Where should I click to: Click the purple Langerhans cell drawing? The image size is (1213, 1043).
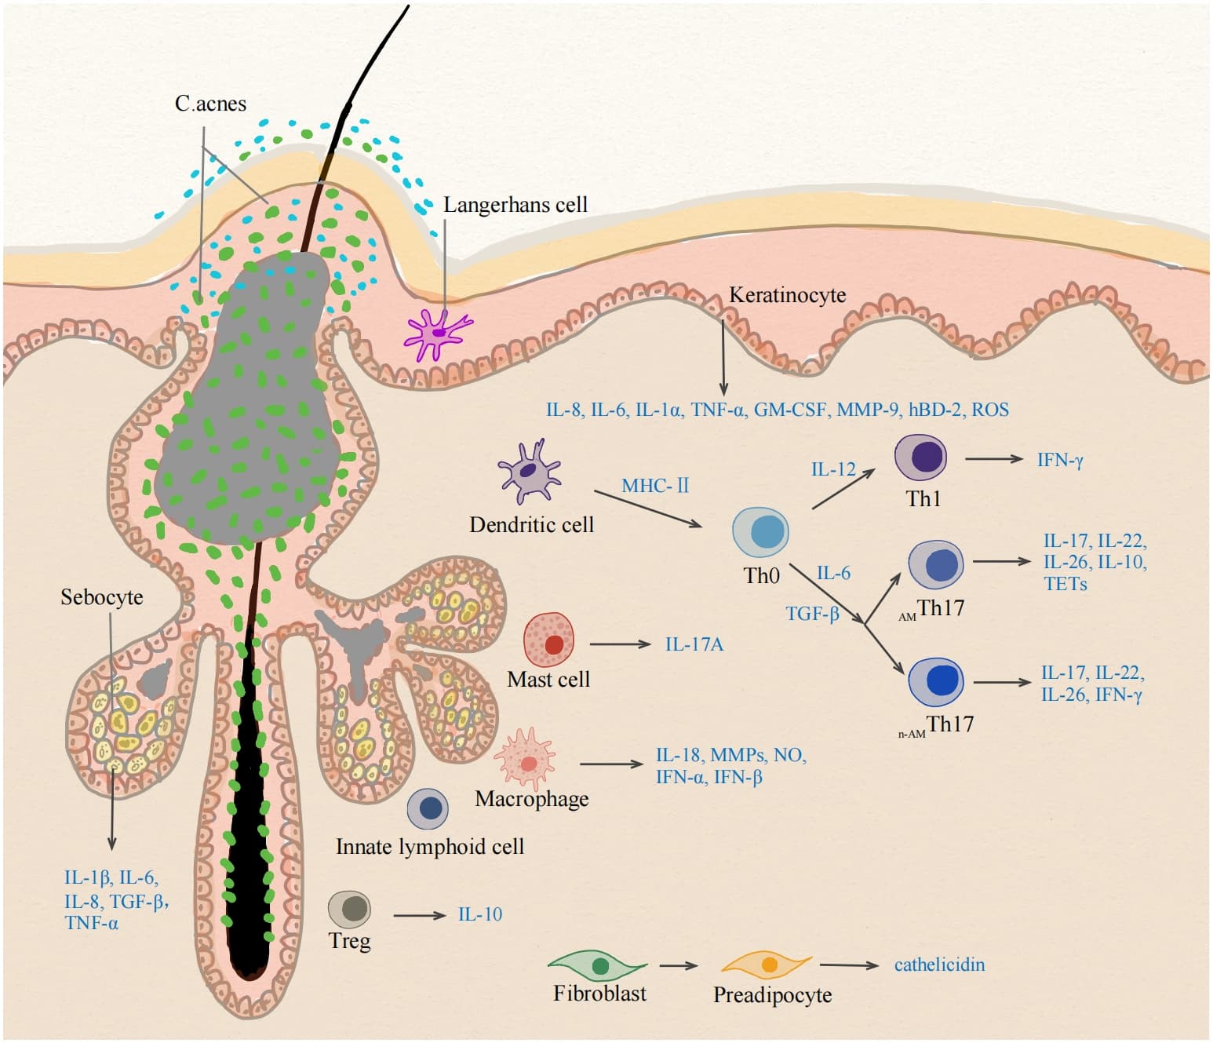click(438, 334)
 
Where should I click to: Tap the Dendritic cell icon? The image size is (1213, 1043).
click(530, 472)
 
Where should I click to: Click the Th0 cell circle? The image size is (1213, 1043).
click(760, 532)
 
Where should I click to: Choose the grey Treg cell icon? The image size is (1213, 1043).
click(349, 909)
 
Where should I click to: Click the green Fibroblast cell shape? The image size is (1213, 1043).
click(597, 965)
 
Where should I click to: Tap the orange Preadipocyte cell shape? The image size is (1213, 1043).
click(767, 965)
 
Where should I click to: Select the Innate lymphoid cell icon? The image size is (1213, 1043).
click(428, 809)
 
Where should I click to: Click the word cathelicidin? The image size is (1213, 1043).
click(939, 965)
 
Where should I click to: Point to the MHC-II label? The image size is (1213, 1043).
click(655, 486)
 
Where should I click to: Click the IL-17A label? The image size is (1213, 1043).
click(694, 644)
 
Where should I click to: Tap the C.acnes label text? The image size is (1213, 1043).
click(211, 104)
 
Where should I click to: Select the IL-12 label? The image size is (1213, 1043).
click(833, 469)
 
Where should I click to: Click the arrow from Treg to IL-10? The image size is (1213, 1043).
click(420, 915)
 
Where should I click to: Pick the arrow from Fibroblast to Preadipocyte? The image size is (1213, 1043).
click(679, 965)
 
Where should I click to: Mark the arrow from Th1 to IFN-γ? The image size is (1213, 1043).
click(994, 458)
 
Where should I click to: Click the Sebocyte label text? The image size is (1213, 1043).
click(102, 597)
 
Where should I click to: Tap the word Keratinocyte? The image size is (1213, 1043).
click(788, 294)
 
